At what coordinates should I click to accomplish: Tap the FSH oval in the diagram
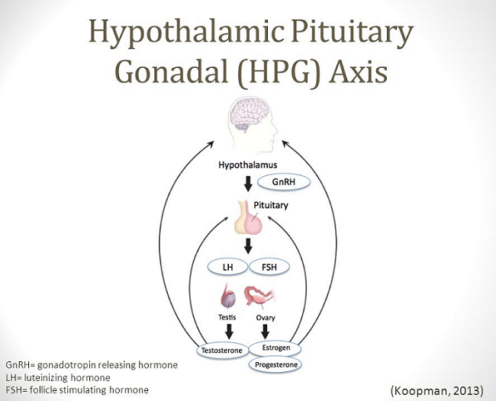(268, 269)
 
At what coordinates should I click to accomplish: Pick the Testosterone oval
(222, 351)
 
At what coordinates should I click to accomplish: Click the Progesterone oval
(273, 364)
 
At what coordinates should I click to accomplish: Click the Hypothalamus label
(247, 164)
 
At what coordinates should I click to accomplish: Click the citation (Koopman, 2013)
(436, 390)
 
